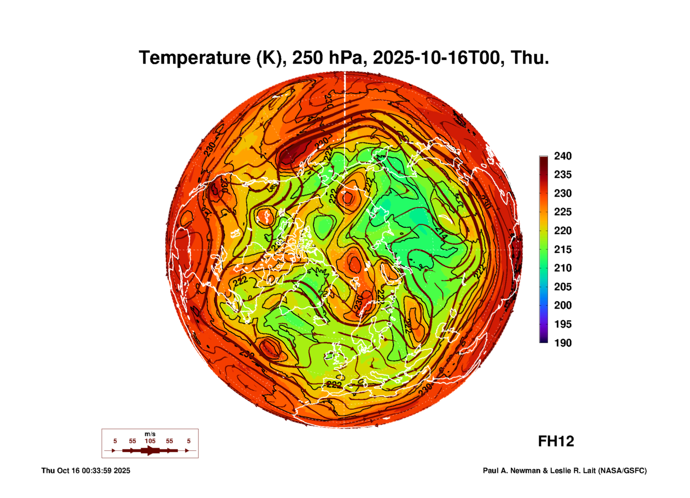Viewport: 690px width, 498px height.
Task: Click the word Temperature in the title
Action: (195, 58)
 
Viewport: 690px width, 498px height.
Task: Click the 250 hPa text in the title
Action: (328, 58)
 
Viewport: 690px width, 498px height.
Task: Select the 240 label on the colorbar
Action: (563, 156)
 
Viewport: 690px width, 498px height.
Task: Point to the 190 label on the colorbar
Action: (563, 343)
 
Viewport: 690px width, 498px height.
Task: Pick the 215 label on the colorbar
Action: (563, 249)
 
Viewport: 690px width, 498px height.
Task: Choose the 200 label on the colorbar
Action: (563, 305)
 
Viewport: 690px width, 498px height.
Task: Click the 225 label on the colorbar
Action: (563, 212)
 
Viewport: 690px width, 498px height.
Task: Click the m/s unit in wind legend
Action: (150, 434)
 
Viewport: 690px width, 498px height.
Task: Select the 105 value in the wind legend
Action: (150, 441)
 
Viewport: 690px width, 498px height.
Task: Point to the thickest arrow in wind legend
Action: (150, 450)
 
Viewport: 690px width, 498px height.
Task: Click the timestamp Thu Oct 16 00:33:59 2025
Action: (86, 471)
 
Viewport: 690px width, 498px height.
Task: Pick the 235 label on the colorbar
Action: (563, 175)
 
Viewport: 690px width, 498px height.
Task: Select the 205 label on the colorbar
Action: (563, 287)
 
